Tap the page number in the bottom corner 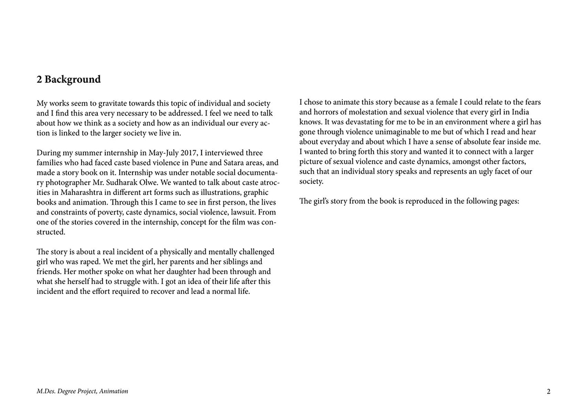(548, 392)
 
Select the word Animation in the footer (113, 392)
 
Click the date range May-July (158, 153)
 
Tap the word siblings (218, 261)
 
